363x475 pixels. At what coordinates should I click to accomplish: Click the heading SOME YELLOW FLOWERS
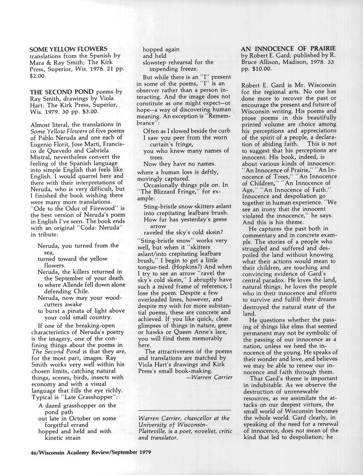(x=69, y=49)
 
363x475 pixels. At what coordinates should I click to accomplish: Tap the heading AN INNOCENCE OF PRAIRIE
(x=288, y=49)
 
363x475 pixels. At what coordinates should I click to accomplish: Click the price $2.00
(x=38, y=75)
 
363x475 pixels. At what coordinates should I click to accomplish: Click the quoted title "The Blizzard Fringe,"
(x=165, y=192)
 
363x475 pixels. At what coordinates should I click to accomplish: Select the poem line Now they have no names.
(x=180, y=163)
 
